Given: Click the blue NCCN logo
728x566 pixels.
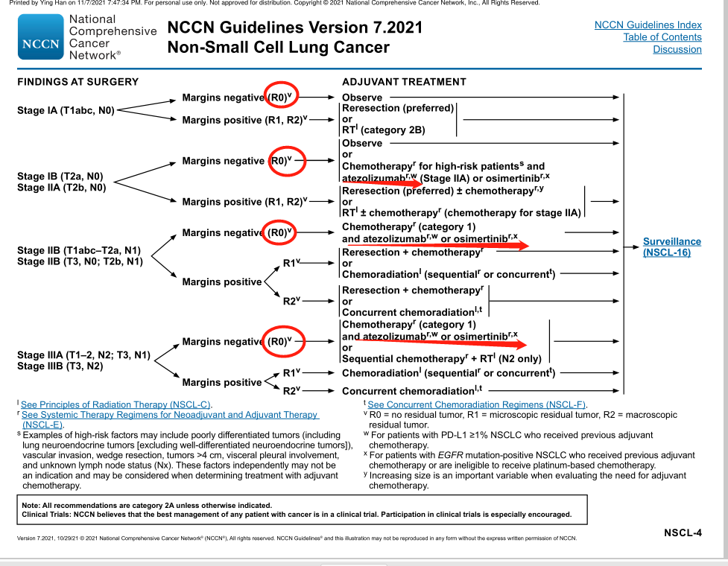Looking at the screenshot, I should pyautogui.click(x=42, y=38).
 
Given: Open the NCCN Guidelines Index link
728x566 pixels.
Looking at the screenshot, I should pyautogui.click(x=648, y=25).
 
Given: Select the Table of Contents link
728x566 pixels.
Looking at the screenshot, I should pyautogui.click(x=662, y=37).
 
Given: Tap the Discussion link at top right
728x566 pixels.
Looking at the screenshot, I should pyautogui.click(x=677, y=50).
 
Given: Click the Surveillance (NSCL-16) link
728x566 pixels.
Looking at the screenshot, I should pyautogui.click(x=671, y=247).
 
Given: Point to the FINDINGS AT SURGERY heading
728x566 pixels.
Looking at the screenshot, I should pyautogui.click(x=77, y=81).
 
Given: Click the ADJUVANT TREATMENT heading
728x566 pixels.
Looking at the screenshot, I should pyautogui.click(x=404, y=81).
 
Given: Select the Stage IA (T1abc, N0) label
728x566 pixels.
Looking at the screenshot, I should pyautogui.click(x=66, y=110).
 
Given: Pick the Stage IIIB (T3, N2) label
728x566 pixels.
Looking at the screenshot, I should pyautogui.click(x=60, y=366).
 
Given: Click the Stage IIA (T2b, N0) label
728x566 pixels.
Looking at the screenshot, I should pyautogui.click(x=62, y=188).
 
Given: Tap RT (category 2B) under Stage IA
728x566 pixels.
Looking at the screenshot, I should pyautogui.click(x=383, y=130).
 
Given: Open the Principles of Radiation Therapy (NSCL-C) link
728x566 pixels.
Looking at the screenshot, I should pyautogui.click(x=111, y=404).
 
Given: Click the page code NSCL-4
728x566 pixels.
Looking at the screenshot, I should pyautogui.click(x=683, y=533).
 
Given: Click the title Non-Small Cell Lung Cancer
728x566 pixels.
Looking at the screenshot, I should pyautogui.click(x=278, y=48).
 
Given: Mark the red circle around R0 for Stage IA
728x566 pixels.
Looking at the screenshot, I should pyautogui.click(x=283, y=96).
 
